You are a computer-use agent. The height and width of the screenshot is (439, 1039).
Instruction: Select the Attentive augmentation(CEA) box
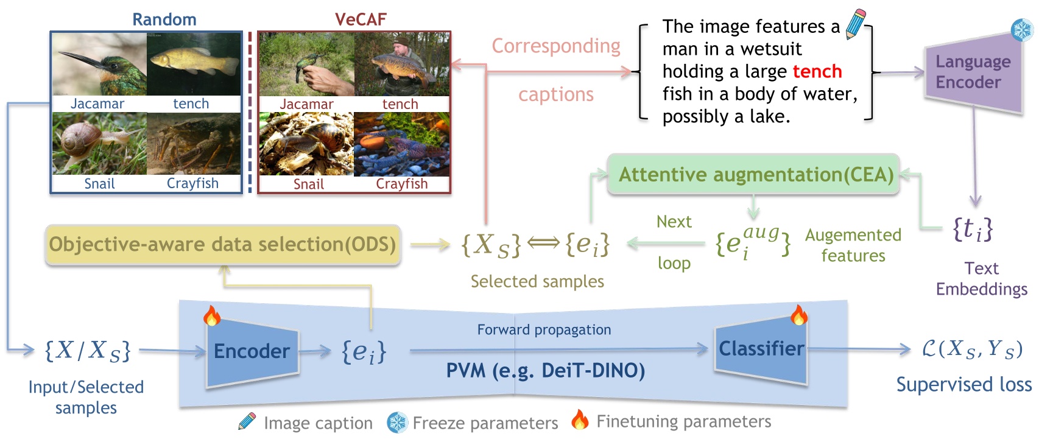(x=755, y=175)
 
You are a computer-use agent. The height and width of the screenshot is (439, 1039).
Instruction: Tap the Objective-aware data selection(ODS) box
(x=222, y=245)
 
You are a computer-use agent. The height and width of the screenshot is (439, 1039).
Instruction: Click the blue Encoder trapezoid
(x=252, y=351)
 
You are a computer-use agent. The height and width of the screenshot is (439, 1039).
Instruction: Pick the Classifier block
(x=761, y=349)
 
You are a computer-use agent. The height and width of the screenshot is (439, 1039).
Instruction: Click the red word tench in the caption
(x=817, y=72)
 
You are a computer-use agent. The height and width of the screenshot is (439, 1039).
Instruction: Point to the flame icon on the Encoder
(x=211, y=315)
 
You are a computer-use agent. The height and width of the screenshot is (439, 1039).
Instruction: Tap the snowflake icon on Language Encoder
(x=1021, y=29)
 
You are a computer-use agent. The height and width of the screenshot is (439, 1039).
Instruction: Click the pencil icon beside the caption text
(x=856, y=24)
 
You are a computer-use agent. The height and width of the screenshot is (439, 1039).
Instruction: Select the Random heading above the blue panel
(x=164, y=19)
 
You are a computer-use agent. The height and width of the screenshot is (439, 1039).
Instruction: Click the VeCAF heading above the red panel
(x=361, y=19)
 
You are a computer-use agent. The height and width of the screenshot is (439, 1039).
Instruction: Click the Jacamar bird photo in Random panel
(x=99, y=64)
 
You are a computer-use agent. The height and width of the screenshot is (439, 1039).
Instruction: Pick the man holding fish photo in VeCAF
(x=401, y=64)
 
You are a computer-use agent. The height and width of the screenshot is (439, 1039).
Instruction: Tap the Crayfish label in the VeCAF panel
(x=401, y=184)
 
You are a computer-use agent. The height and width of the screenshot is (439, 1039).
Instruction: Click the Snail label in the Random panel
(x=99, y=184)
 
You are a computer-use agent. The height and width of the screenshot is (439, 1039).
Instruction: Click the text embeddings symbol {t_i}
(x=973, y=230)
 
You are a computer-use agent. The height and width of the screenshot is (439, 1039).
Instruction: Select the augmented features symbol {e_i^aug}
(x=753, y=242)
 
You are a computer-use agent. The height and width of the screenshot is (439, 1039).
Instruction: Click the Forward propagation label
(x=544, y=330)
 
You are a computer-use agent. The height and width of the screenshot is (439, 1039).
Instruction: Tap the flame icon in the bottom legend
(x=580, y=420)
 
